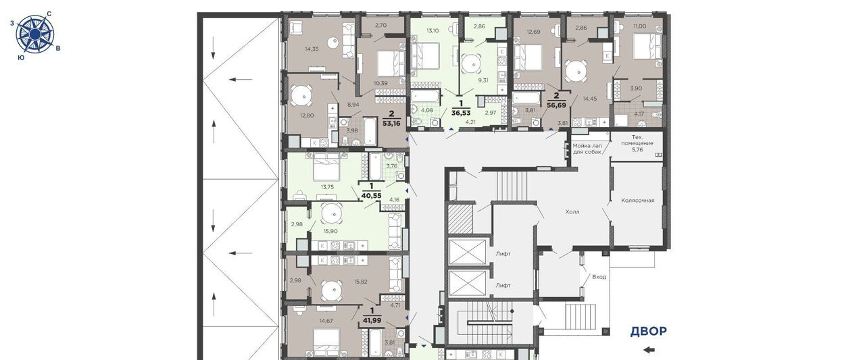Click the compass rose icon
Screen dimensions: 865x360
(x=34, y=34)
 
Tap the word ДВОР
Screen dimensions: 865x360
(x=648, y=332)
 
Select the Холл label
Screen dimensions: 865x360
(x=572, y=212)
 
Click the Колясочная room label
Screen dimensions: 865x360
(x=637, y=200)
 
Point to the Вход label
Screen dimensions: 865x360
(x=599, y=277)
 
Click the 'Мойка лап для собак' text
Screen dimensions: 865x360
(x=587, y=149)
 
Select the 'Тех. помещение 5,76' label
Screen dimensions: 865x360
(x=637, y=143)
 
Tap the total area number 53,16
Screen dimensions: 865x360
(x=391, y=124)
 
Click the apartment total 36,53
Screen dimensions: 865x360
(x=461, y=113)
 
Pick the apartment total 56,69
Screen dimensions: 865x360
(x=556, y=105)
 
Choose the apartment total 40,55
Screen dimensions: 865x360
(x=371, y=196)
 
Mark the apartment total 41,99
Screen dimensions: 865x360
(x=372, y=320)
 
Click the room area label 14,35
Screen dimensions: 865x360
(x=312, y=49)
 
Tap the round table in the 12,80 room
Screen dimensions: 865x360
(x=301, y=95)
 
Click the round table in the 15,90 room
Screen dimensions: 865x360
(x=332, y=213)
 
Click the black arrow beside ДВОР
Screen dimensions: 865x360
(x=649, y=350)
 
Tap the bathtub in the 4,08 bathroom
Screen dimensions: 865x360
(x=425, y=96)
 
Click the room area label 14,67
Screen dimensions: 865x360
(x=326, y=321)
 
